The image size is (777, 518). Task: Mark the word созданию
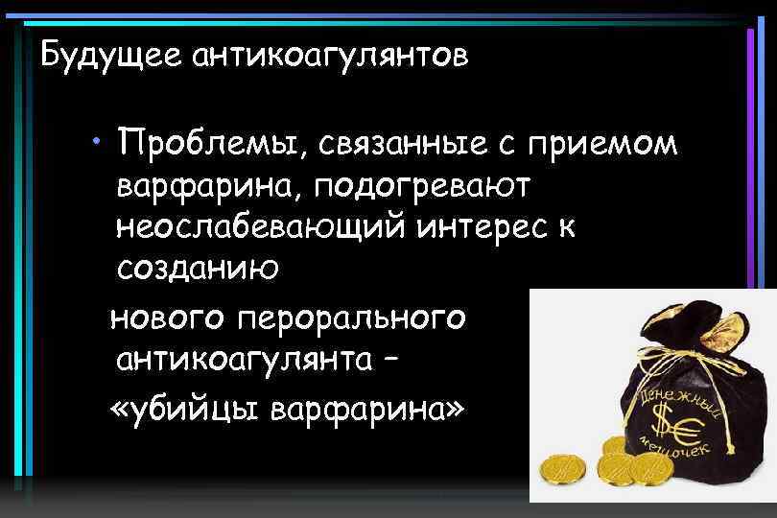click(x=198, y=270)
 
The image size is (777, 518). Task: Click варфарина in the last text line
click(x=368, y=408)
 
